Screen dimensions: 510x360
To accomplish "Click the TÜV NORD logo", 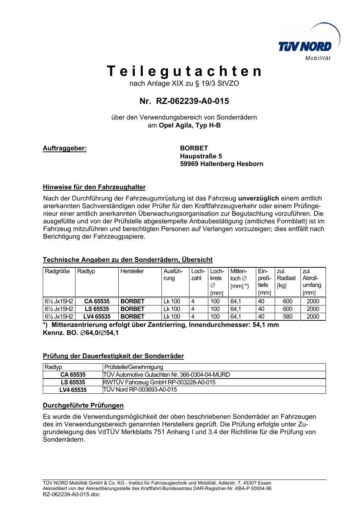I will point(305,46).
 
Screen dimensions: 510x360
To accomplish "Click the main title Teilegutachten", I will point(184,71).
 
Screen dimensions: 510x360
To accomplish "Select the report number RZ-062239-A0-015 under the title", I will point(192,101).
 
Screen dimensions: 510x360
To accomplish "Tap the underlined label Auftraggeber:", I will point(65,148).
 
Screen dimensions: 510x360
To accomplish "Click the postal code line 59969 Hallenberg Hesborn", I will point(221,164).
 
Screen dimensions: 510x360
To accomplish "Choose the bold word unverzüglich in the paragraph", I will point(258,198).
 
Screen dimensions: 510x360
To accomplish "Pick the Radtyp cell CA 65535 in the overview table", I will point(97,301).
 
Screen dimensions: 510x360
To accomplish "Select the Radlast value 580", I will point(287,317).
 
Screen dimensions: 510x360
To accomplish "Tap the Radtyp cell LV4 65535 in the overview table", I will point(97,317).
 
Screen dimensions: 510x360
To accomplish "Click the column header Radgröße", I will point(57,271).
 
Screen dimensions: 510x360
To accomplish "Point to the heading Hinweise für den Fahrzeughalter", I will point(94,187).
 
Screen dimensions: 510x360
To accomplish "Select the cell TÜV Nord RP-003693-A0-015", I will point(140,390).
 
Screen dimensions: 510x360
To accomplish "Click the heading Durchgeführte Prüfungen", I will point(83,405).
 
